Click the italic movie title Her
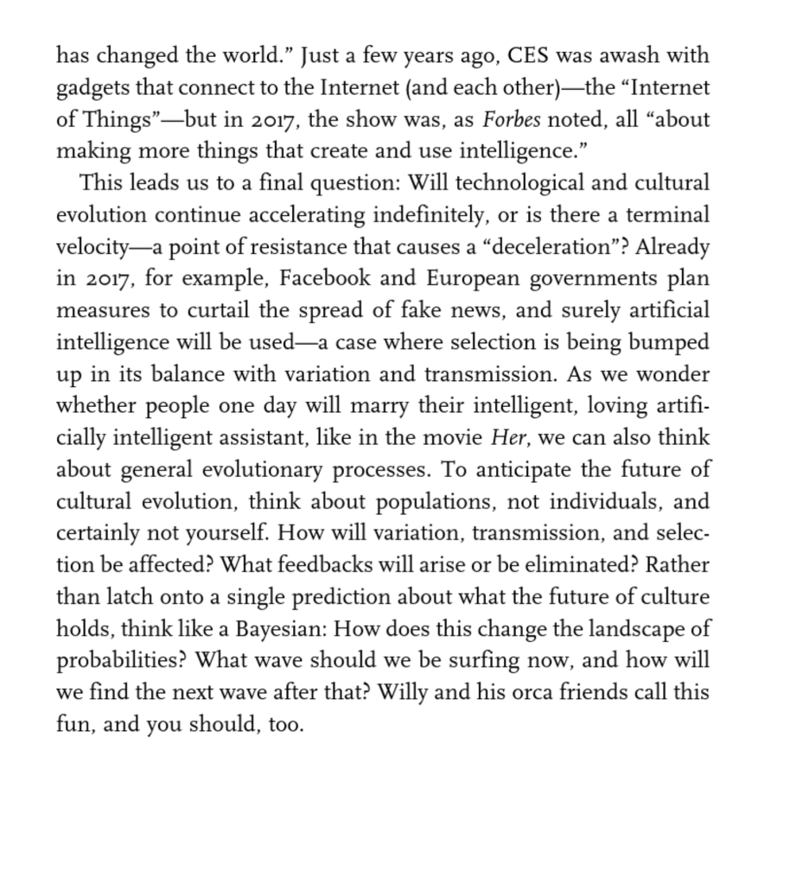(506, 438)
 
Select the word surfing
(483, 661)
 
